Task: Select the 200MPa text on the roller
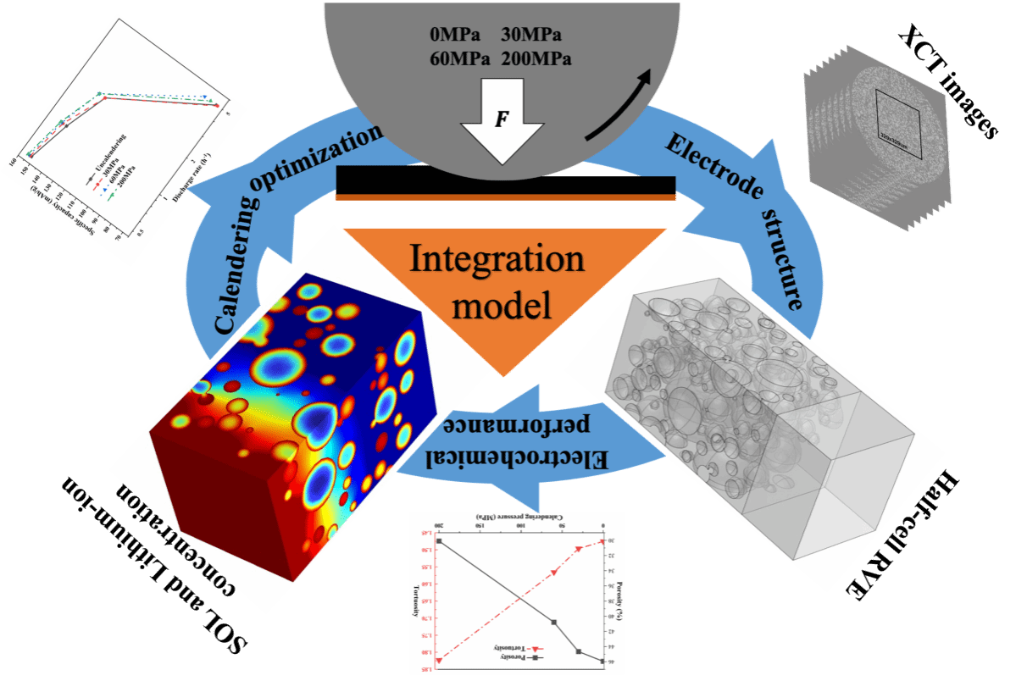pos(536,59)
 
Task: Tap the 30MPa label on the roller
pos(531,36)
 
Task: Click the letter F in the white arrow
pos(501,119)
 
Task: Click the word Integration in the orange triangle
pos(497,259)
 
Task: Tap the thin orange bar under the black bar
pos(506,197)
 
